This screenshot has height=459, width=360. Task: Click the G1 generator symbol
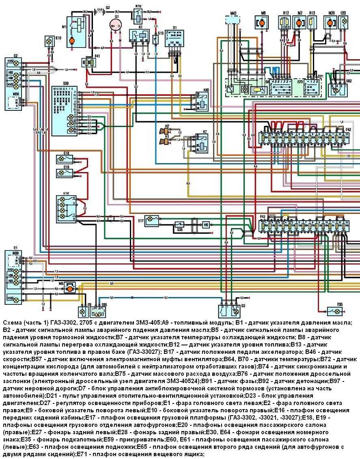tap(116, 25)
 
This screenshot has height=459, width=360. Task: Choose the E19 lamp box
tap(66, 173)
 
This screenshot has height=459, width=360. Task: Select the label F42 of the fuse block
tap(348, 129)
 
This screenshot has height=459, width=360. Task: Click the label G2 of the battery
tap(108, 7)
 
